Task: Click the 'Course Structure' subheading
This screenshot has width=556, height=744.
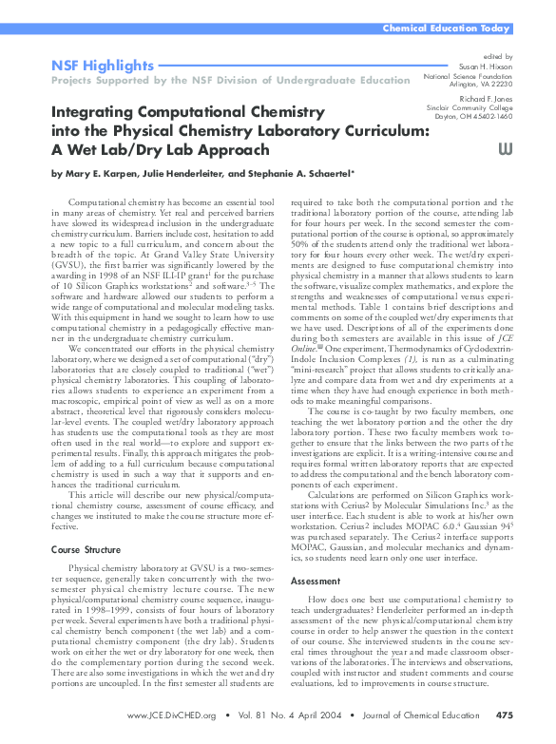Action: pos(85,549)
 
